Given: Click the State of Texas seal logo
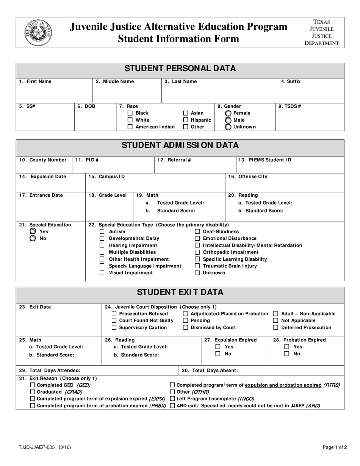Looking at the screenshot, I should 38,33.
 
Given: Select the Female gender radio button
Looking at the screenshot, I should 228,113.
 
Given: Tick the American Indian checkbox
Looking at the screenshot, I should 130,127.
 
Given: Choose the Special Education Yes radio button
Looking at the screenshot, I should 33,231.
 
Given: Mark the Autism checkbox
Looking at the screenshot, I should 102,231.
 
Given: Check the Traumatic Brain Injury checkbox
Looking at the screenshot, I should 197,266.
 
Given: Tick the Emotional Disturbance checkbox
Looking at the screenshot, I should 197,239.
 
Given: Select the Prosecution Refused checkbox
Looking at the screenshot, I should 114,314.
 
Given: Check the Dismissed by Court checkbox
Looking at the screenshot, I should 186,327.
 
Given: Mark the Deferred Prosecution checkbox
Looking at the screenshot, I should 276,327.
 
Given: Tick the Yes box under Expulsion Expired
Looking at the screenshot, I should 218,347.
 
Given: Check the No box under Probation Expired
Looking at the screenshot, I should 287,354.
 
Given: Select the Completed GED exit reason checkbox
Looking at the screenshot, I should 33,385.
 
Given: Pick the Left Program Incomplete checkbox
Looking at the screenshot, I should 172,399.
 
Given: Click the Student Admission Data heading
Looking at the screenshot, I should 180,145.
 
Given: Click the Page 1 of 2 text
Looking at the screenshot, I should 335,447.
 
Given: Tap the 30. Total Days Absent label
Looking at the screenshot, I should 210,371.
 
